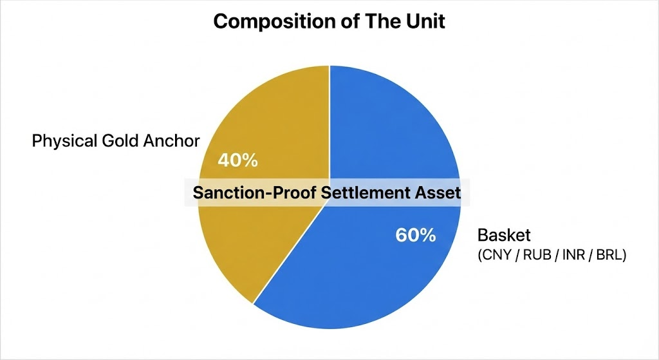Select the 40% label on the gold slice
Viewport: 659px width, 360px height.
(x=237, y=160)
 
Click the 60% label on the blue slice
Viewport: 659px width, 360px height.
(x=415, y=235)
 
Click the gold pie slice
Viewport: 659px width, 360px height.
(x=257, y=245)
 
